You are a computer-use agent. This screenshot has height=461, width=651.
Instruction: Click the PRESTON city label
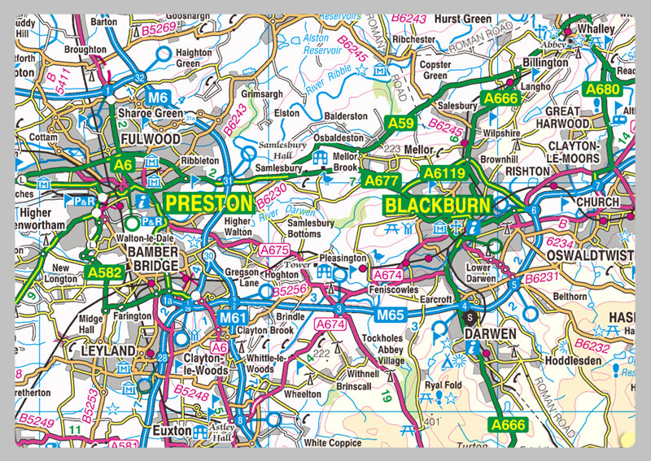[208, 202]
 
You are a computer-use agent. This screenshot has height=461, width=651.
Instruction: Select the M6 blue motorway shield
[159, 98]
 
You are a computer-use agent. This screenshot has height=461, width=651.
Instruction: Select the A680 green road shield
[602, 89]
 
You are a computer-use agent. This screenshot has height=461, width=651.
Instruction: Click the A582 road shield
[106, 272]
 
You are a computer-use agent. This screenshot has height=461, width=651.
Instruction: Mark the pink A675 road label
[274, 250]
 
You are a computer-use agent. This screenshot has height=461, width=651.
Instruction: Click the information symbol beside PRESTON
[143, 200]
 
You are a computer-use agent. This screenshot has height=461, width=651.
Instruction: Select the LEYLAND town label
[108, 350]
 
